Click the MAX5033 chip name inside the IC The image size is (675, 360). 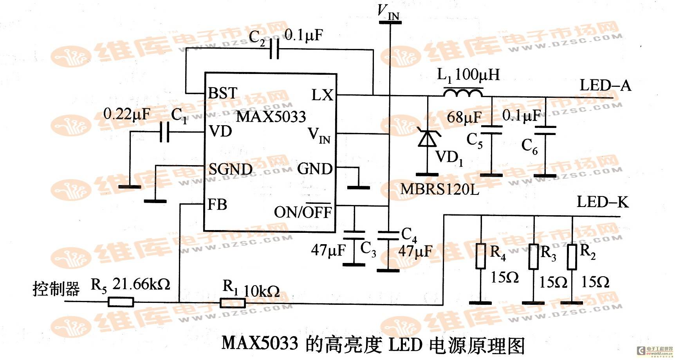(x=271, y=117)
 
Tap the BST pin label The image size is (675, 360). (x=223, y=93)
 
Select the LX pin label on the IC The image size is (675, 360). (x=322, y=95)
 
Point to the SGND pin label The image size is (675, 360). (x=230, y=169)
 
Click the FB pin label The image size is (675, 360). (x=217, y=204)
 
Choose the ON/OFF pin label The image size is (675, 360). (x=303, y=211)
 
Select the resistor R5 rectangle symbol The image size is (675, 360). (x=121, y=302)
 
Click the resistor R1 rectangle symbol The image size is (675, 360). (x=233, y=302)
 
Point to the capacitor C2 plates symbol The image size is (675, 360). (x=274, y=50)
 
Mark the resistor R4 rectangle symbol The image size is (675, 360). (x=481, y=256)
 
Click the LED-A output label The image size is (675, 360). (x=605, y=85)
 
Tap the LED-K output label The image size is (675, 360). (x=603, y=202)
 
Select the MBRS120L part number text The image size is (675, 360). (x=440, y=189)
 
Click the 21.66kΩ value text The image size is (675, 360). (x=141, y=284)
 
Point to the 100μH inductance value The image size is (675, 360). (x=477, y=74)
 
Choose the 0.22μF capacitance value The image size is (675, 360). (x=126, y=114)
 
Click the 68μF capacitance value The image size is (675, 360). (x=464, y=117)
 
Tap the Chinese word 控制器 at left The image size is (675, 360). (x=56, y=289)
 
